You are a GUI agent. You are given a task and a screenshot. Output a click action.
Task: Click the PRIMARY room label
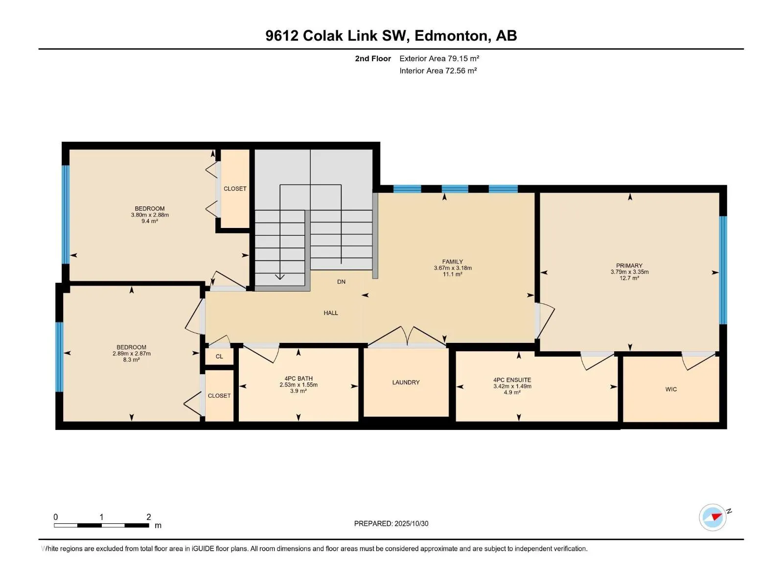coord(629,266)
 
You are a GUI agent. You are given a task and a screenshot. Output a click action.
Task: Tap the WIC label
coord(671,389)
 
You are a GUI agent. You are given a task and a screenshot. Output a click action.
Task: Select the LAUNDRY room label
coord(406,383)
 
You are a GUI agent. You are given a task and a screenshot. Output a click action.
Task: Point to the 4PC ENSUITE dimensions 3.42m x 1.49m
coord(512,386)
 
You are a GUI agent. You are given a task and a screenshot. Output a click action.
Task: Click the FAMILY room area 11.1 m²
coord(452,274)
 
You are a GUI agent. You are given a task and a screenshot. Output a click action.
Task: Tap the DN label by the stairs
coord(341,282)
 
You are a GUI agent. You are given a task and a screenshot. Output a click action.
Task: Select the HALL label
coord(331,313)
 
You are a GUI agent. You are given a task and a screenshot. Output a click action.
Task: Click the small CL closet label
coord(219,357)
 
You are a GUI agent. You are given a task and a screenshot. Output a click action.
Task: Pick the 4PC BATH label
coord(299,379)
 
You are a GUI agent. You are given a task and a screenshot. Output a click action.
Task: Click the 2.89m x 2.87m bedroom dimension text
coord(131,354)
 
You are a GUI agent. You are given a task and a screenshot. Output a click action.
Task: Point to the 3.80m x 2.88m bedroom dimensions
coord(150,215)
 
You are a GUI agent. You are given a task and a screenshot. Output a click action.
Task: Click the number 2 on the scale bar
coord(149,517)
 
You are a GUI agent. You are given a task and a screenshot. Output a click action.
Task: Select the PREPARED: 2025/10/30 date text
coord(391,523)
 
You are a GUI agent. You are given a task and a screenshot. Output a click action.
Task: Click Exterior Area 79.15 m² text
coord(439,59)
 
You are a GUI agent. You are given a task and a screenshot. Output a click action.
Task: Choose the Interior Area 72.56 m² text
coord(438,71)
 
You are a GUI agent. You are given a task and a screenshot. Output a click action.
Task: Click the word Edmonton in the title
coord(452,36)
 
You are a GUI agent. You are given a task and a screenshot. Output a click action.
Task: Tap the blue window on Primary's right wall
coord(723,270)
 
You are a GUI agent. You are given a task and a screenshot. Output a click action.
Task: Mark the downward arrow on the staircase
coord(280,276)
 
